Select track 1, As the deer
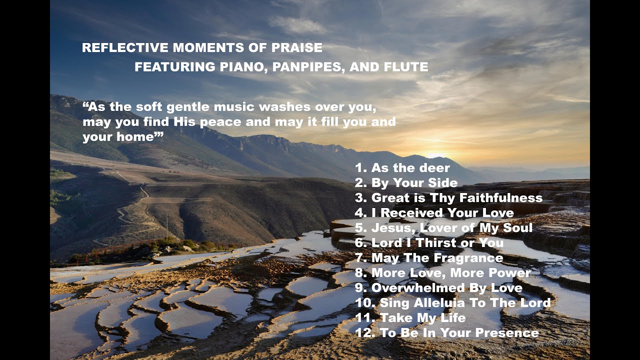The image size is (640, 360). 402,168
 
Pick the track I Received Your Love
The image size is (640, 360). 434,213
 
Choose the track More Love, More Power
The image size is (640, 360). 442,273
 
